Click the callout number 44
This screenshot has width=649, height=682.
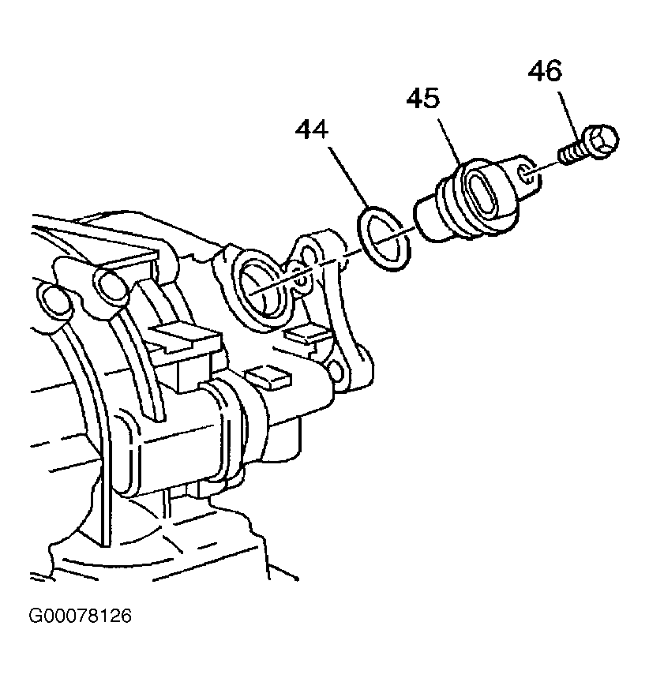311,130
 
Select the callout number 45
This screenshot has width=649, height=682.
423,99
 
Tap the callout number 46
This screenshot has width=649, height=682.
545,71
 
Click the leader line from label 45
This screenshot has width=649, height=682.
449,141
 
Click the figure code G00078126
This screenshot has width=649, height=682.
80,616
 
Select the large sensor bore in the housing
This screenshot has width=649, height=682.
260,288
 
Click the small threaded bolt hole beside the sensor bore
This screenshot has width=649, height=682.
300,280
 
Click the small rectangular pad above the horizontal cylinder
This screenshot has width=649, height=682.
267,377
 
